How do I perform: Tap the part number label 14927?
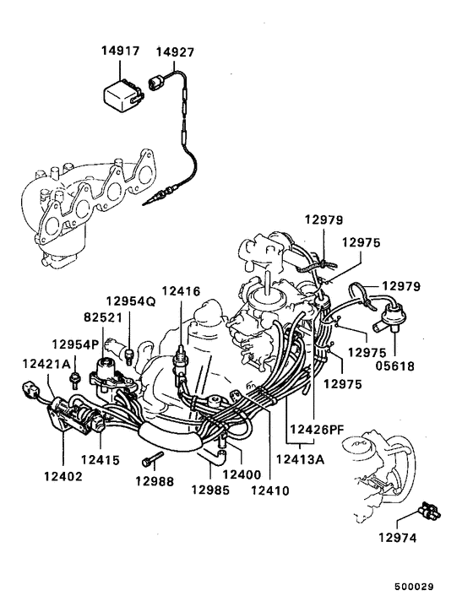tap(174, 51)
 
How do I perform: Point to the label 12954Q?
tap(131, 301)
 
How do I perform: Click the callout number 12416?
tap(182, 291)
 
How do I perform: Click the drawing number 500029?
tap(437, 584)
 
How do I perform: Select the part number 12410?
tap(271, 489)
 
